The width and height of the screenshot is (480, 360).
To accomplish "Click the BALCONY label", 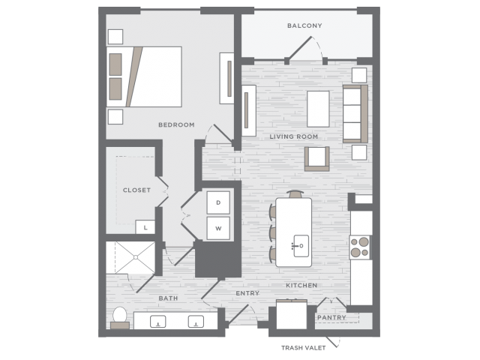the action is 304,25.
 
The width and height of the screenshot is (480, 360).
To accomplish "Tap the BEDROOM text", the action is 176,125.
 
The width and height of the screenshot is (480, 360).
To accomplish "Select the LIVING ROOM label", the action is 293,136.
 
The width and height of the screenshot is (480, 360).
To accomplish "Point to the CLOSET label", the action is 136,190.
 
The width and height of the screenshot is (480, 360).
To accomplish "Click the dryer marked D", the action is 218,202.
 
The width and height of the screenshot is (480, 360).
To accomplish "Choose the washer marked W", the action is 218,228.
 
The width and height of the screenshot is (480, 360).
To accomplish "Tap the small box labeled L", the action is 145,227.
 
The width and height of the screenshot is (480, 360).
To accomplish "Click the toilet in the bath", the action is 120,318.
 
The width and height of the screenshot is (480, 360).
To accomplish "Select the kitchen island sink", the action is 301,246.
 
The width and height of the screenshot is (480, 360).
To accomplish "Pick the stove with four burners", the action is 360,247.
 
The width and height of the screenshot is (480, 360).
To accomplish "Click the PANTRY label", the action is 331,318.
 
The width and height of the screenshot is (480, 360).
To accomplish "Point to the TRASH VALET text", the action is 303,348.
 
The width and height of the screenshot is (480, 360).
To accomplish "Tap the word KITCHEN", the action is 301,285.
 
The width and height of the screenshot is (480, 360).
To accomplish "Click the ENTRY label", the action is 247,293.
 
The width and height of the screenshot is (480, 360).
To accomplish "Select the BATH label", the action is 168,298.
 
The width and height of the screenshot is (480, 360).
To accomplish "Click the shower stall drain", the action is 135,257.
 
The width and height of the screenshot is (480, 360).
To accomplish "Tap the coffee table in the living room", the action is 318,109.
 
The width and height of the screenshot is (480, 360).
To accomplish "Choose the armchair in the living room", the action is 316,158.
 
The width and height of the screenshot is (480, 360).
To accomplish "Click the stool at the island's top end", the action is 295,194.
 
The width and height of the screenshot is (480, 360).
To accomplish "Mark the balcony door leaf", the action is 300,48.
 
